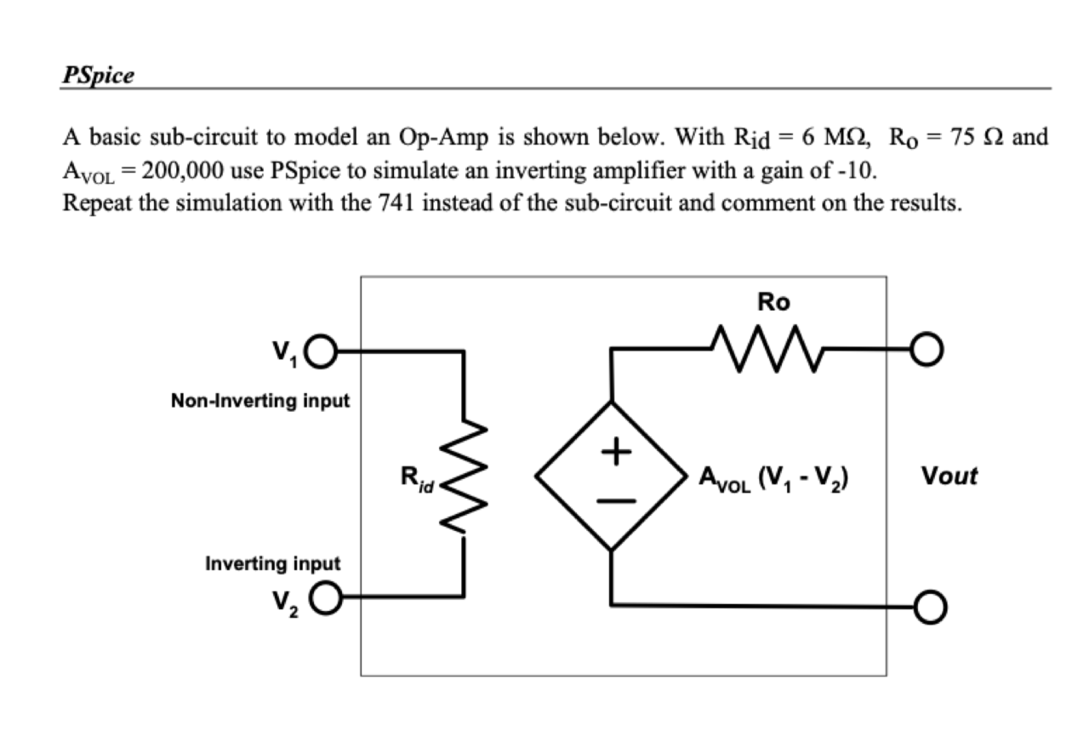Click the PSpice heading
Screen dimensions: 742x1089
(98, 75)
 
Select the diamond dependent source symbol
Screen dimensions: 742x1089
(611, 476)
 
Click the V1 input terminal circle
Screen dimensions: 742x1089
(325, 350)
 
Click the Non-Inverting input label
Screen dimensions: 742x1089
(260, 400)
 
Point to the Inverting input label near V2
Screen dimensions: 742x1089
(272, 563)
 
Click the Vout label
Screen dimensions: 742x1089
(949, 476)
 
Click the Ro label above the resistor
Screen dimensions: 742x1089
(773, 302)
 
